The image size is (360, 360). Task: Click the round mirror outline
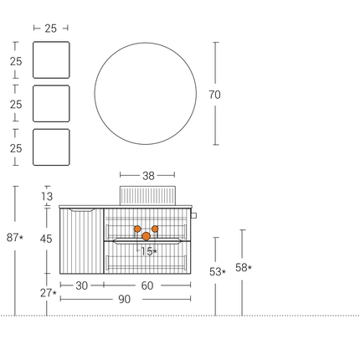95,94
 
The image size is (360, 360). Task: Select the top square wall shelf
51,59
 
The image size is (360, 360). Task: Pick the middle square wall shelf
51,104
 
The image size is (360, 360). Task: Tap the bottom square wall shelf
51,147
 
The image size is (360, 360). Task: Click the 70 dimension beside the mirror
214,95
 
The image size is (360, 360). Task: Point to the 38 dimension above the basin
148,176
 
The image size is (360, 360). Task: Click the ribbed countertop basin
147,195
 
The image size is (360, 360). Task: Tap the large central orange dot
147,236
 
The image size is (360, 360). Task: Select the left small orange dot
137,229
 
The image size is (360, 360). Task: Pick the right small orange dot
155,229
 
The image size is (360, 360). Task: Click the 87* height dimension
15,238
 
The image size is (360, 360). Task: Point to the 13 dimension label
47,197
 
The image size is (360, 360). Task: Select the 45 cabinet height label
46,239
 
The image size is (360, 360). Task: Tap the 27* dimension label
49,293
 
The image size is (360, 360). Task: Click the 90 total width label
124,299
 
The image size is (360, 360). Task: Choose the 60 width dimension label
147,285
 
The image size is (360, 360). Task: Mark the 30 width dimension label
82,285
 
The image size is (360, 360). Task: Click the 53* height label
218,272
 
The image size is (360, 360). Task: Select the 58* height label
244,268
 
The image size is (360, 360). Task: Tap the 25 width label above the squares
51,28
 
